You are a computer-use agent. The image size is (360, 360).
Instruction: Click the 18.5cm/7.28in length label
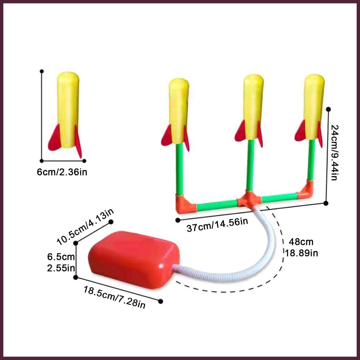click(x=114, y=297)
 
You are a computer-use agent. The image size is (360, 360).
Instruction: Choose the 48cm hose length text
click(x=301, y=242)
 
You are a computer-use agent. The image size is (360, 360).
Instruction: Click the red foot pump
click(x=134, y=259)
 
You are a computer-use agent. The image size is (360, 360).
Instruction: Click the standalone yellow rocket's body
click(x=68, y=109)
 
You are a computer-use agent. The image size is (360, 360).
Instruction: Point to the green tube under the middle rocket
click(x=250, y=165)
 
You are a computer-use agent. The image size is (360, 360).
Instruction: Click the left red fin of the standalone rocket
click(x=55, y=139)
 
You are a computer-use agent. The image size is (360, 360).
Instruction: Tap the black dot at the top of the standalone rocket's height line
click(x=42, y=71)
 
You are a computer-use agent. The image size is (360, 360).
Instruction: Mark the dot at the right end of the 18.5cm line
click(x=161, y=301)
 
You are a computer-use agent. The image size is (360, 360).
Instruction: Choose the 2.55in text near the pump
click(x=61, y=268)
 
